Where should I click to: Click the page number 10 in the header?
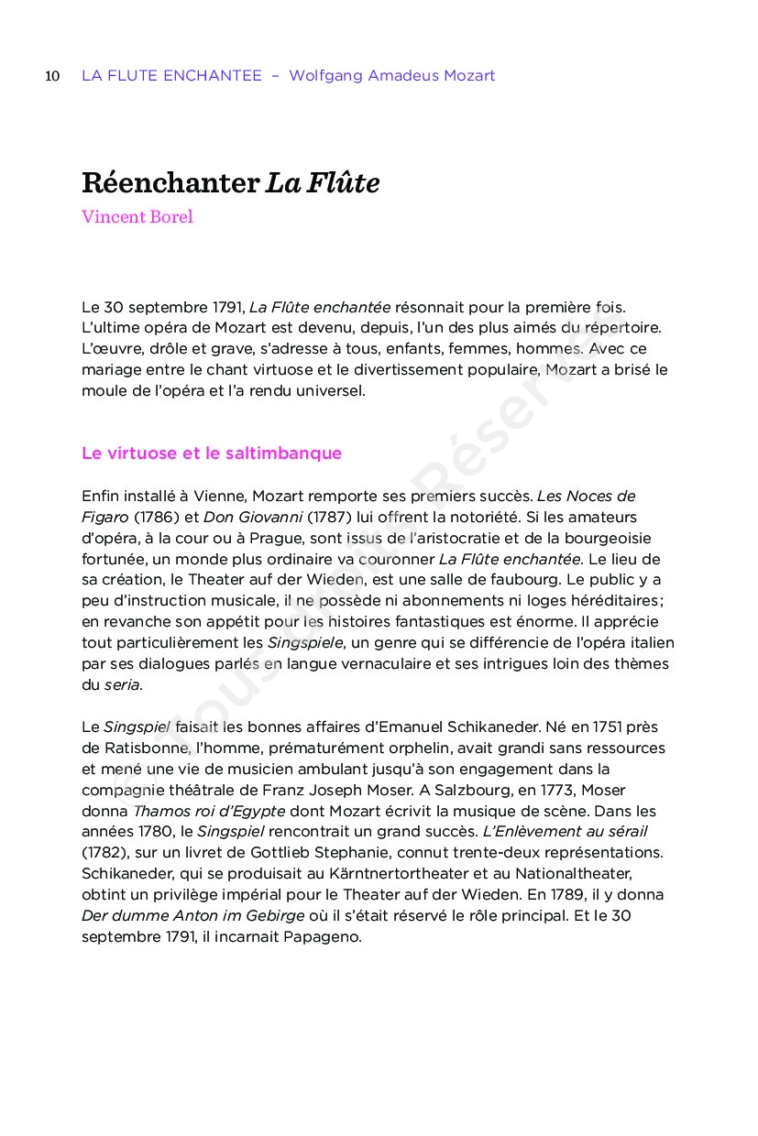[52, 76]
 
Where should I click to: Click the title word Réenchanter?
[170, 183]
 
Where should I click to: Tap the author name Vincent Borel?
[137, 217]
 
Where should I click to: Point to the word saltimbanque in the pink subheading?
[291, 453]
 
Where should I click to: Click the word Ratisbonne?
[120, 748]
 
